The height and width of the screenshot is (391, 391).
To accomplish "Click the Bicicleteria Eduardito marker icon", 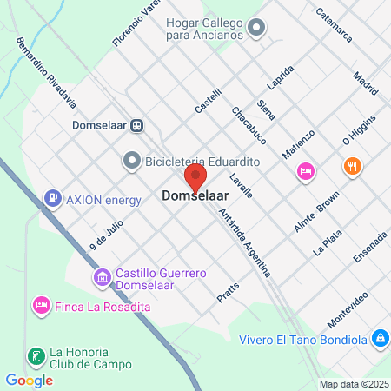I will pos(132,160).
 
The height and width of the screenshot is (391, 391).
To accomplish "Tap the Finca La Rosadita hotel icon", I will pos(39,306).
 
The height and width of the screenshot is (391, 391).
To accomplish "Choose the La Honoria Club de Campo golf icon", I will pos(36,355).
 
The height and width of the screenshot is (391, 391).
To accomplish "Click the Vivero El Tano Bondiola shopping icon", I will pos(380,337).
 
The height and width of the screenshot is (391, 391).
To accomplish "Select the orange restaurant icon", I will pos(352,166).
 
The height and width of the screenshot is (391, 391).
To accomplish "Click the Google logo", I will pos(29,380).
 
